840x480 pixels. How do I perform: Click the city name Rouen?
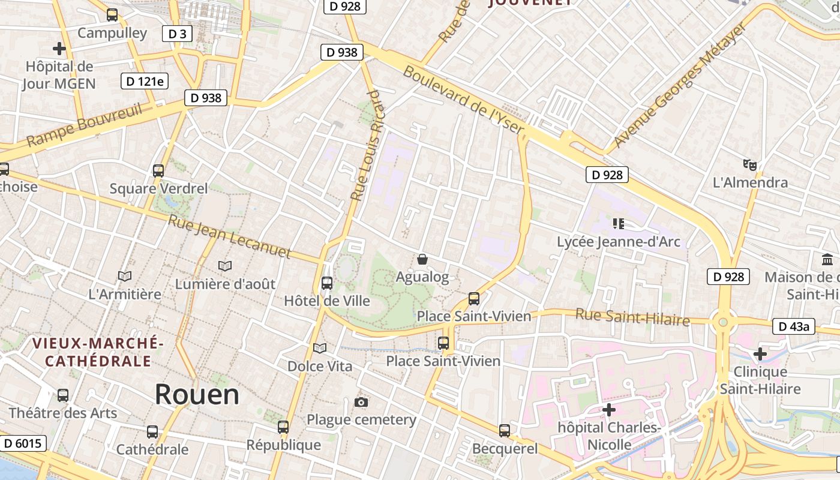coord(197,394)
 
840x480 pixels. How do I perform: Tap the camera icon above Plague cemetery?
coord(361,402)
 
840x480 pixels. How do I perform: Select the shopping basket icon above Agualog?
coord(422,259)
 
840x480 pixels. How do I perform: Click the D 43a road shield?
coord(794,326)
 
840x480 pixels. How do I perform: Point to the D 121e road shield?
coord(145,81)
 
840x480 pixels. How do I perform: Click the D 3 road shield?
coord(177,34)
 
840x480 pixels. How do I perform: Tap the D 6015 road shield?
coord(22,443)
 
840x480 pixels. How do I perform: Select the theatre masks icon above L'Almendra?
coord(749,164)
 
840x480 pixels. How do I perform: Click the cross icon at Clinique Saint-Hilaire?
coord(760,354)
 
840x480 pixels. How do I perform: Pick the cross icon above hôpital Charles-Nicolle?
coord(609,410)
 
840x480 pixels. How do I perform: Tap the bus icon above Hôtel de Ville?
coord(327,283)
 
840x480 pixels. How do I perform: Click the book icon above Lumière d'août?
coord(225,266)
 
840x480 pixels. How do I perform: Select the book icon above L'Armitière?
coord(125,276)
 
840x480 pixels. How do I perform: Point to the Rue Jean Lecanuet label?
coord(229,237)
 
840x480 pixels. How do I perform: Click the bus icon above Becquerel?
coord(505,430)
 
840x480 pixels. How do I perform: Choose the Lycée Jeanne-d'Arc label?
coord(619,242)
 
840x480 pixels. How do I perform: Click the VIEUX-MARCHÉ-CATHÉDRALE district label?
coord(98,352)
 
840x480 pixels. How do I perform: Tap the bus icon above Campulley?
coord(112,15)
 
